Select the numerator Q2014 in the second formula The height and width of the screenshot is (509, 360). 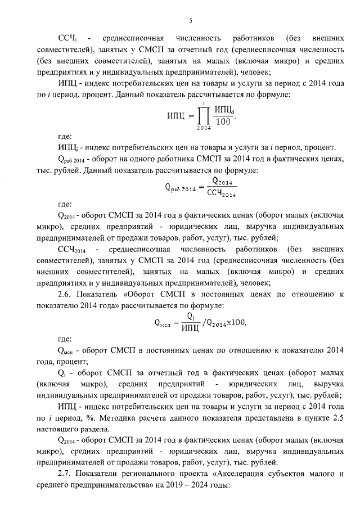tap(222, 182)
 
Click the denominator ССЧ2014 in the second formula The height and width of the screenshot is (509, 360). tap(220, 195)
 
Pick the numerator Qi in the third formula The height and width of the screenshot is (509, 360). tap(191, 316)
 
